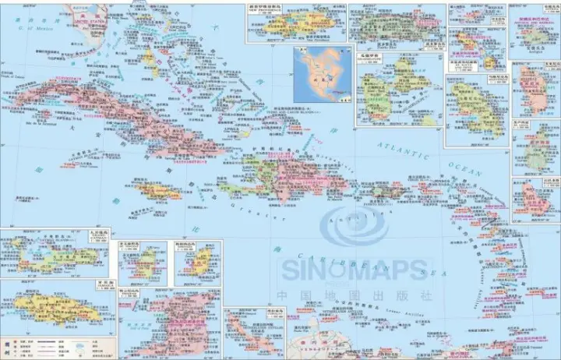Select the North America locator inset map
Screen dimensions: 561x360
320,70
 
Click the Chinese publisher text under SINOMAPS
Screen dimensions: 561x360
355,296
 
